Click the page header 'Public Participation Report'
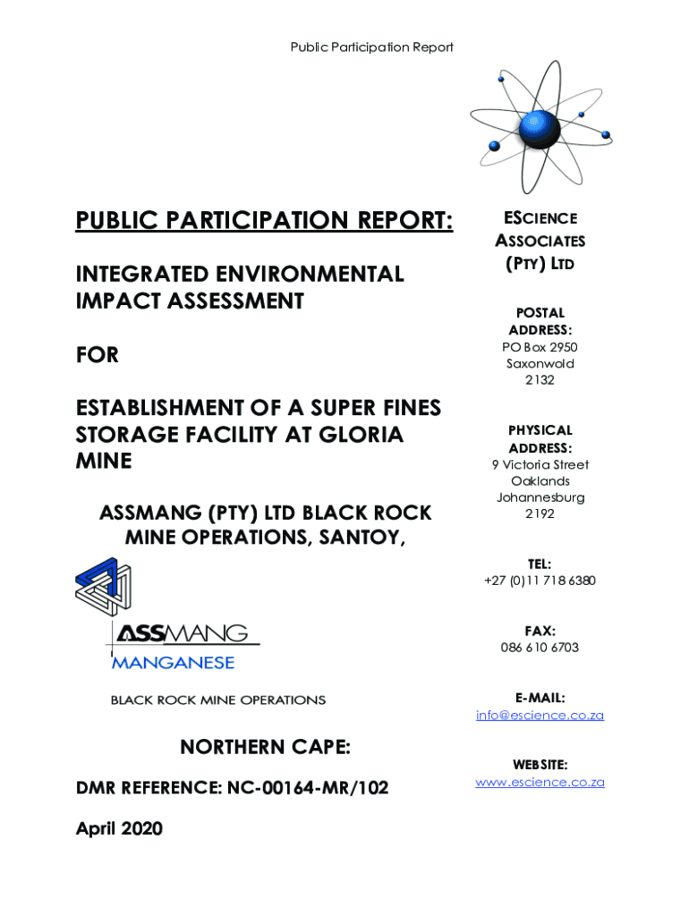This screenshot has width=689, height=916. [x=371, y=47]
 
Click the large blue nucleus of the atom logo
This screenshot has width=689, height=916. [x=539, y=131]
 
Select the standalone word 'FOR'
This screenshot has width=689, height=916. [x=98, y=355]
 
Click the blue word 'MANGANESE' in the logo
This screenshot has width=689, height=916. [x=173, y=663]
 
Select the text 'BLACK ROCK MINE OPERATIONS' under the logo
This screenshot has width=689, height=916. [x=218, y=700]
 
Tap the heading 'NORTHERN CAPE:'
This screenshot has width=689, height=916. [x=265, y=747]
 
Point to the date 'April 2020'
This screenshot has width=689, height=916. [x=119, y=829]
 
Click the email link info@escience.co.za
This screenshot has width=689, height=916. [x=540, y=715]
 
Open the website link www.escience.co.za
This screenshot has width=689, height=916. [x=540, y=782]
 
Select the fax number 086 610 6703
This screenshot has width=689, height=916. [x=540, y=648]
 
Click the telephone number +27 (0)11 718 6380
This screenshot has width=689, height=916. [x=540, y=581]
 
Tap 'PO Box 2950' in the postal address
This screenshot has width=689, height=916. [x=540, y=347]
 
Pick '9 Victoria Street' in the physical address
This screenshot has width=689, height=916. [x=540, y=464]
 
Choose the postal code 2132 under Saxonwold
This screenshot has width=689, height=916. [x=540, y=380]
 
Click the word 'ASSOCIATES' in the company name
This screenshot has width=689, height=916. [x=540, y=241]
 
